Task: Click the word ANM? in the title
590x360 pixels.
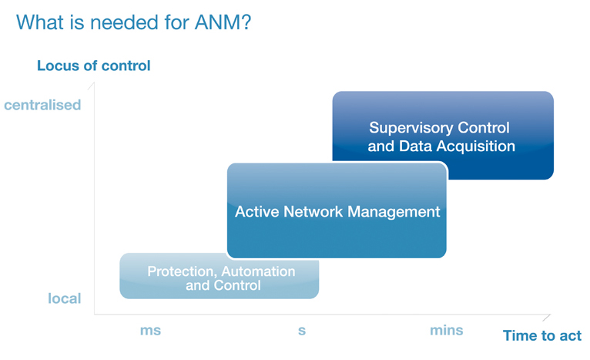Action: (x=223, y=22)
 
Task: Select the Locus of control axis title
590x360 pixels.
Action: (x=94, y=66)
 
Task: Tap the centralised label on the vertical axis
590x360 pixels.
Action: (x=42, y=105)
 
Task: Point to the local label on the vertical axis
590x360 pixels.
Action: (x=65, y=298)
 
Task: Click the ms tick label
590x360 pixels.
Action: (x=150, y=330)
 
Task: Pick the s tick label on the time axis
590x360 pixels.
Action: (x=302, y=331)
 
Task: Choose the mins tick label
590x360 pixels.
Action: (x=446, y=330)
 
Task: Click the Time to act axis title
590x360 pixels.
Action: (x=542, y=335)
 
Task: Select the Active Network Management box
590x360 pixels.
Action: (x=337, y=210)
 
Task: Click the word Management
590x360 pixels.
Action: (x=394, y=212)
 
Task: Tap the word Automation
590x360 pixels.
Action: (x=258, y=271)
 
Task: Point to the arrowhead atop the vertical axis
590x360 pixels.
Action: (x=91, y=86)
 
